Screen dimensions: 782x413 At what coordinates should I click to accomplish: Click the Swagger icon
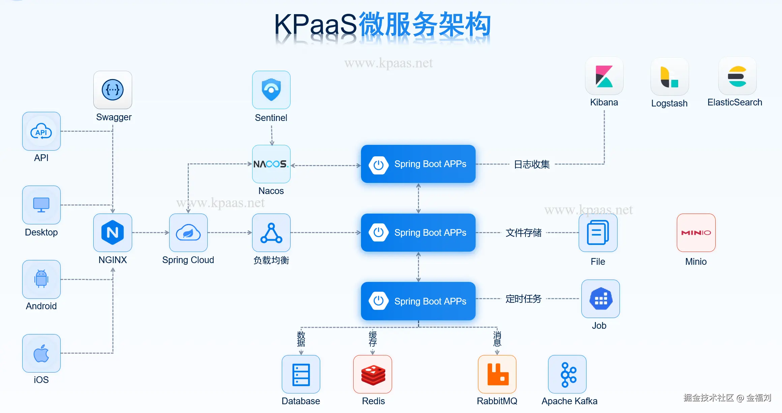[x=113, y=90]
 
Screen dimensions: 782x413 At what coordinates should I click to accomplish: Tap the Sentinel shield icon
[x=271, y=90]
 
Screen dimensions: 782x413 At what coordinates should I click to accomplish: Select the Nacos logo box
[x=271, y=164]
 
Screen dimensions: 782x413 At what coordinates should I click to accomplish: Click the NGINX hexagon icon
[x=113, y=233]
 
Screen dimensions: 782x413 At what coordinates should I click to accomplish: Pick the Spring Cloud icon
[x=188, y=233]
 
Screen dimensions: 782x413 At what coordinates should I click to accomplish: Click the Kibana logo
[x=604, y=76]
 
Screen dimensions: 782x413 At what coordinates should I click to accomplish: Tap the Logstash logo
[x=670, y=76]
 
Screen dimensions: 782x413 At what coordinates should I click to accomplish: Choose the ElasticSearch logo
[x=738, y=76]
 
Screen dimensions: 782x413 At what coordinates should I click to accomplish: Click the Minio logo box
[x=696, y=233]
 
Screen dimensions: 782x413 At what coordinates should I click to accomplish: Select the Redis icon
[x=372, y=374]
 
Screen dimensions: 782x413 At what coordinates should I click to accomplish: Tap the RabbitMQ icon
[x=497, y=374]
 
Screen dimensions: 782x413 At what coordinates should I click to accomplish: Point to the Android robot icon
[x=41, y=279]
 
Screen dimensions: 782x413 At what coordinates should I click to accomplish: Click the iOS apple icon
[x=41, y=353]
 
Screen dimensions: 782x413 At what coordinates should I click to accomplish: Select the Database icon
[x=301, y=374]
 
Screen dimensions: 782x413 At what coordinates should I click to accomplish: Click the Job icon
[x=601, y=299]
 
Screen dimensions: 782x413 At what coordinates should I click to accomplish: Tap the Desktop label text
[x=41, y=232]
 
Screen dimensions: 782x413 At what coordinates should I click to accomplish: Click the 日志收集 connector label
[x=532, y=164]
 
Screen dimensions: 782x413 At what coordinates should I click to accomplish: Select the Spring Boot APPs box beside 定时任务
[x=418, y=301]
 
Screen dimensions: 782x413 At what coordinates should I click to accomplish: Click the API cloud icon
[x=41, y=131]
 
